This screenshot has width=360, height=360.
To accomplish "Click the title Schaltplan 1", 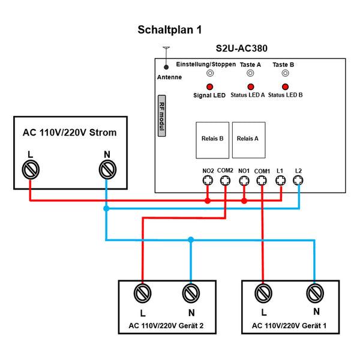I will click(x=170, y=29).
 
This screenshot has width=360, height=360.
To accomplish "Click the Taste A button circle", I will click(x=251, y=74).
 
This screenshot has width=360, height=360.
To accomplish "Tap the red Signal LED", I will click(x=209, y=86).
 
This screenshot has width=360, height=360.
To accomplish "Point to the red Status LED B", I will click(x=285, y=86).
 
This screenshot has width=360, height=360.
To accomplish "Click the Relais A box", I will click(x=248, y=139).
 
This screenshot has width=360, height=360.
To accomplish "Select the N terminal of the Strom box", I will click(x=106, y=170).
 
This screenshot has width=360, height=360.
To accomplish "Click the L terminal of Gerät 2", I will click(x=143, y=293).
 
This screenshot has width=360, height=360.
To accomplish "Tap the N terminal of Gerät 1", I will click(x=314, y=293).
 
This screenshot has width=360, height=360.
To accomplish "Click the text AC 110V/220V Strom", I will click(x=70, y=133).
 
